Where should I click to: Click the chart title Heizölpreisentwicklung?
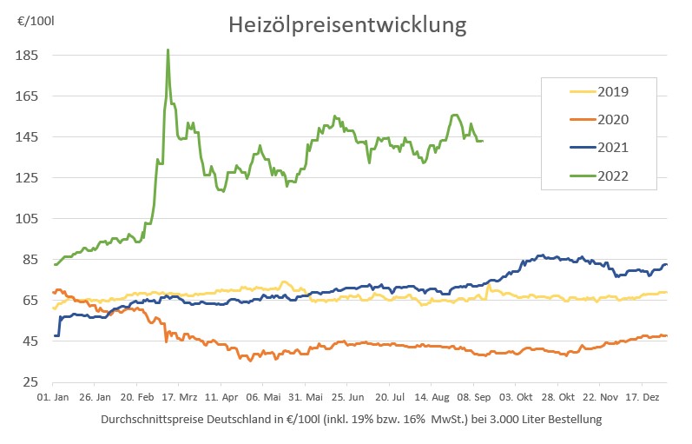coord(347,24)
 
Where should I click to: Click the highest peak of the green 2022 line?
coord(168,50)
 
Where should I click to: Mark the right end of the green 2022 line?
coord(483,140)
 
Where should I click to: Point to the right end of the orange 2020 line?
coord(666,335)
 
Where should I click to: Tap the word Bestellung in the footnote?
coord(569,420)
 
